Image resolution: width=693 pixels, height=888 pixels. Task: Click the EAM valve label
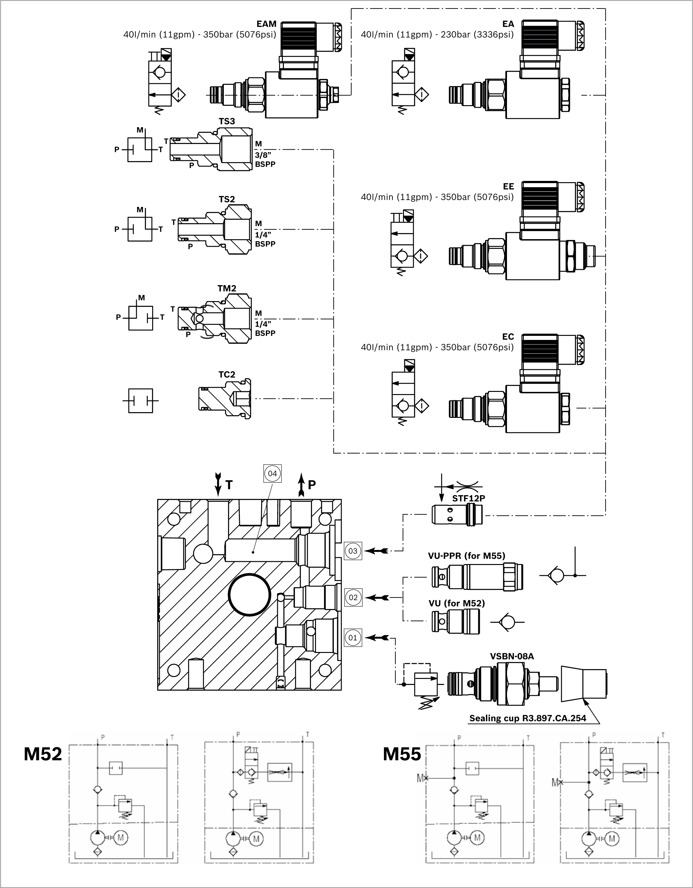266,24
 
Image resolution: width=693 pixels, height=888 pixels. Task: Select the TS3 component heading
226,121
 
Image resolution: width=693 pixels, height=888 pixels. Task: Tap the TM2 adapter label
226,288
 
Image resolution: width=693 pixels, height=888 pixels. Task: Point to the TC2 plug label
226,374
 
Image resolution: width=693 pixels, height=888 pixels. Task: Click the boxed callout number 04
272,473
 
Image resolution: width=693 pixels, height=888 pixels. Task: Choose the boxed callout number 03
353,551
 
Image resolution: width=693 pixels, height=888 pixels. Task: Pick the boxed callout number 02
353,597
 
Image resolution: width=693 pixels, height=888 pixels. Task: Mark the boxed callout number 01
353,638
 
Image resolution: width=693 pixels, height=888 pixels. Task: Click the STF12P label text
468,498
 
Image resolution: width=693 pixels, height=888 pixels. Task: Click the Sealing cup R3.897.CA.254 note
527,718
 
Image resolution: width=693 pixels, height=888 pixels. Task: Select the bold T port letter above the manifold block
229,485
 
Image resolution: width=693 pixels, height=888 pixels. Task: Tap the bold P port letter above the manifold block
312,485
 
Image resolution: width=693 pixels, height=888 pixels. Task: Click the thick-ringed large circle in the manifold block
249,594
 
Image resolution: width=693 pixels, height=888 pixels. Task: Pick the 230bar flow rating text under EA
437,34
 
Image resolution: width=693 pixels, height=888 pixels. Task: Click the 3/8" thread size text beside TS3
263,155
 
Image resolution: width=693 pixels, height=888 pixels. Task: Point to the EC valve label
508,337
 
